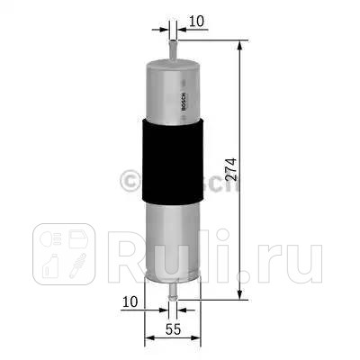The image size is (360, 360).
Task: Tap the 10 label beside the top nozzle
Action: coord(197,19)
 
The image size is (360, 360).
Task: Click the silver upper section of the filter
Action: coord(169,85)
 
